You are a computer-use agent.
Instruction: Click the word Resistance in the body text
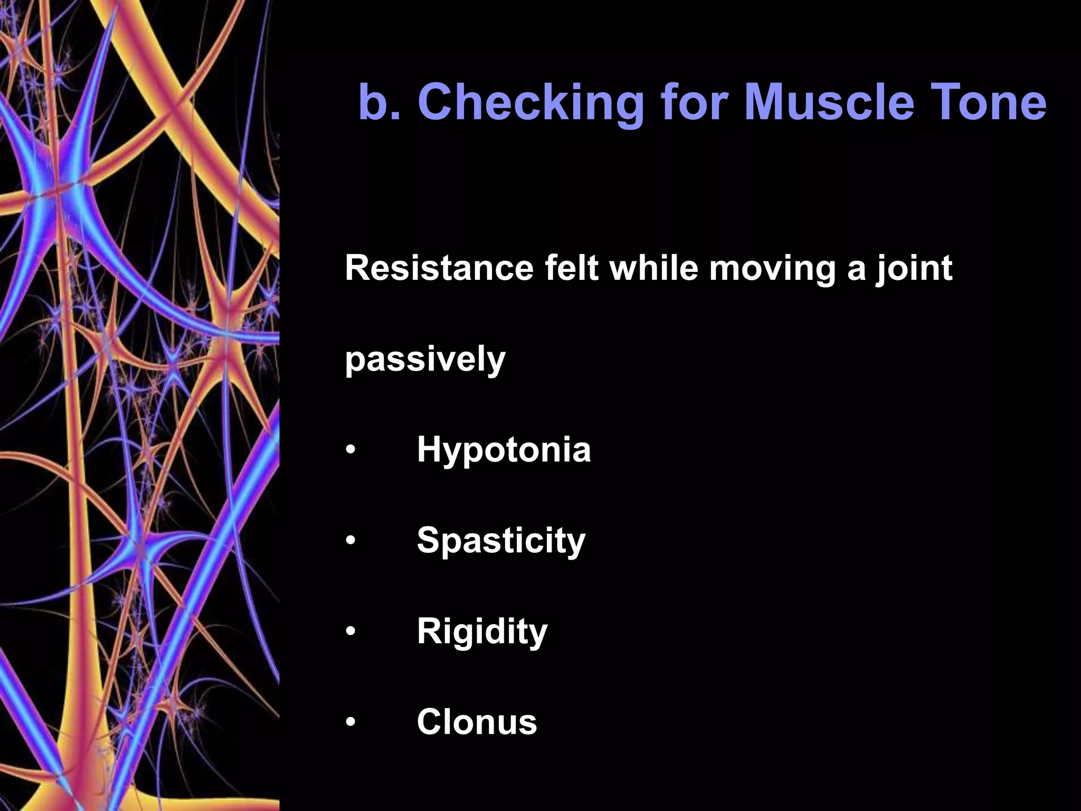pos(439,268)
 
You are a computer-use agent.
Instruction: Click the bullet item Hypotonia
pos(504,450)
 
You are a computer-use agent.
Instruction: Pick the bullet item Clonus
pos(477,722)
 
